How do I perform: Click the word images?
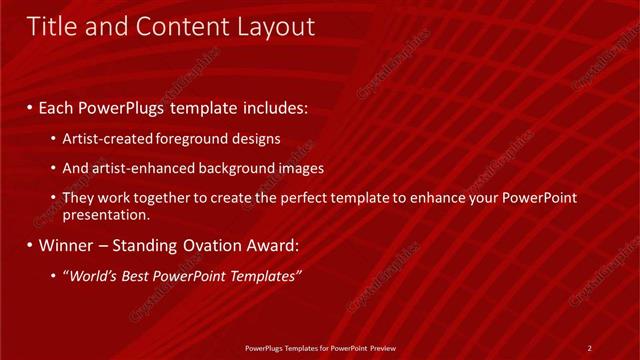click(300, 168)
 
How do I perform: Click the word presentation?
click(106, 215)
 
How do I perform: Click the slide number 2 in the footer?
click(589, 348)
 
